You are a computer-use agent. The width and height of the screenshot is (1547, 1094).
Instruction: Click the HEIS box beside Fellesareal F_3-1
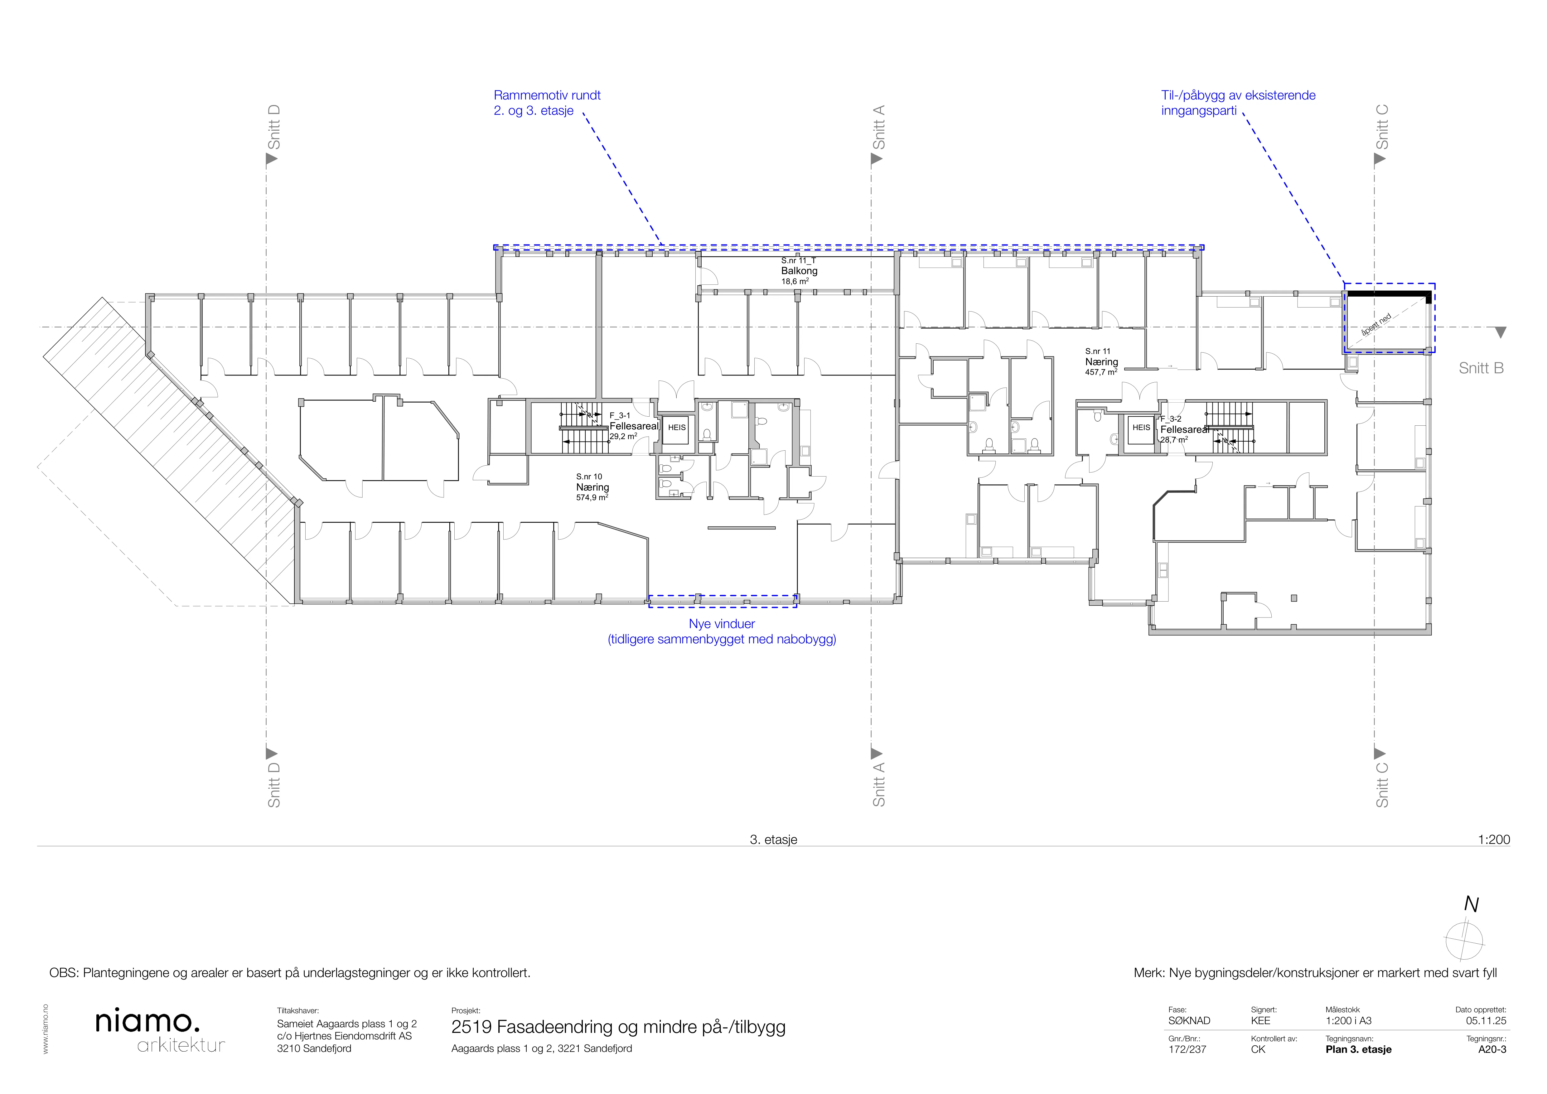676,428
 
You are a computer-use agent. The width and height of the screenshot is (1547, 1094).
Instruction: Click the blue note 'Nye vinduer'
722,624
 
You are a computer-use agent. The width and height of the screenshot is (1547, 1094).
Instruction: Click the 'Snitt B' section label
1481,368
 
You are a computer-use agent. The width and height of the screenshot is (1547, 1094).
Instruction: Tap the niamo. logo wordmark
147,1021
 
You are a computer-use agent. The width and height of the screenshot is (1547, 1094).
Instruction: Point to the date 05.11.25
1486,1021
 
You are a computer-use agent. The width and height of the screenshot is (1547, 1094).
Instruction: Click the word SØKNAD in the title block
1189,1021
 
